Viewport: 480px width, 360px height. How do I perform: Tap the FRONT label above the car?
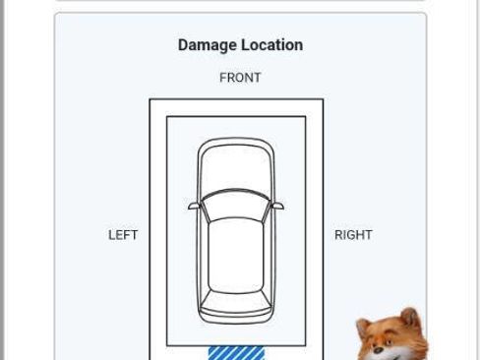coord(240,78)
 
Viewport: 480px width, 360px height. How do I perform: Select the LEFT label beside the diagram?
coord(123,235)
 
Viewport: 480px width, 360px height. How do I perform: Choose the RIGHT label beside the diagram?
coord(353,235)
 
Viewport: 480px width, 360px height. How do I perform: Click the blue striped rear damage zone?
coord(236,353)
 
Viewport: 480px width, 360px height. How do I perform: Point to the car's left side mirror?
coord(194,206)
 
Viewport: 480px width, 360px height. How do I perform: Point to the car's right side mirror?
coord(277,206)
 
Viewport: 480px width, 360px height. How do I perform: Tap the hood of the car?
coord(236,168)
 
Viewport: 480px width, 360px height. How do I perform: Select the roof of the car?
coord(236,255)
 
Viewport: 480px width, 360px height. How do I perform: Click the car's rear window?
coord(236,301)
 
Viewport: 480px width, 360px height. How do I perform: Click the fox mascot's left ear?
coord(363,326)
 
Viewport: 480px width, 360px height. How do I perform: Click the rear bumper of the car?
coord(236,318)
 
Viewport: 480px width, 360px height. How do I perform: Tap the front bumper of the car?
coord(236,142)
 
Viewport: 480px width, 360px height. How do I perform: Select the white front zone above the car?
coord(236,108)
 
